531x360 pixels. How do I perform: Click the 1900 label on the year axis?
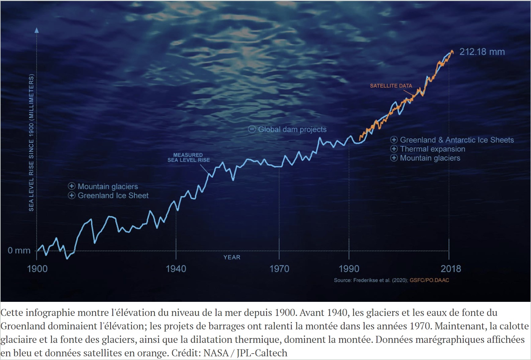pos(37,269)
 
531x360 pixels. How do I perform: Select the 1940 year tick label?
pos(176,269)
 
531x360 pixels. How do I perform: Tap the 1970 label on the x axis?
pos(279,269)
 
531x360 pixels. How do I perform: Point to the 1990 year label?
pos(349,269)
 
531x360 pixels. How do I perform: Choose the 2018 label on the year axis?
pos(451,269)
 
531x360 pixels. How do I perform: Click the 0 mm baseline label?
pos(19,250)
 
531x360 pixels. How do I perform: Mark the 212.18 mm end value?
pos(482,52)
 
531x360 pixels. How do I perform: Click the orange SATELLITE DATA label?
pos(391,86)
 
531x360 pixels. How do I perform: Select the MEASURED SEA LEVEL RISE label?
pos(188,157)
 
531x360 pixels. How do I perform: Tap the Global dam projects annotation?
pos(292,129)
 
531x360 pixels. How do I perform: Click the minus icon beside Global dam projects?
pos(252,129)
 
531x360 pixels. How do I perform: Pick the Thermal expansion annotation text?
pos(433,149)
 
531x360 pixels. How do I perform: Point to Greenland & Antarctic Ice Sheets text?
pos(457,140)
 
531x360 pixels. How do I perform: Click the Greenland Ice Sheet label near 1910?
pos(113,196)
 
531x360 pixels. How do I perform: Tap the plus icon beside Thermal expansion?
pos(394,149)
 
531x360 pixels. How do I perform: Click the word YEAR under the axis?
pos(232,257)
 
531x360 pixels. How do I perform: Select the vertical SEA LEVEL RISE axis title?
pos(31,142)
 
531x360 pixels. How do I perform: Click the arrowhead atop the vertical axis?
pos(37,30)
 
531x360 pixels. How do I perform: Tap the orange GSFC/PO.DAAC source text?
pos(429,280)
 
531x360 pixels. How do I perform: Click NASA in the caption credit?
pos(216,353)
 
